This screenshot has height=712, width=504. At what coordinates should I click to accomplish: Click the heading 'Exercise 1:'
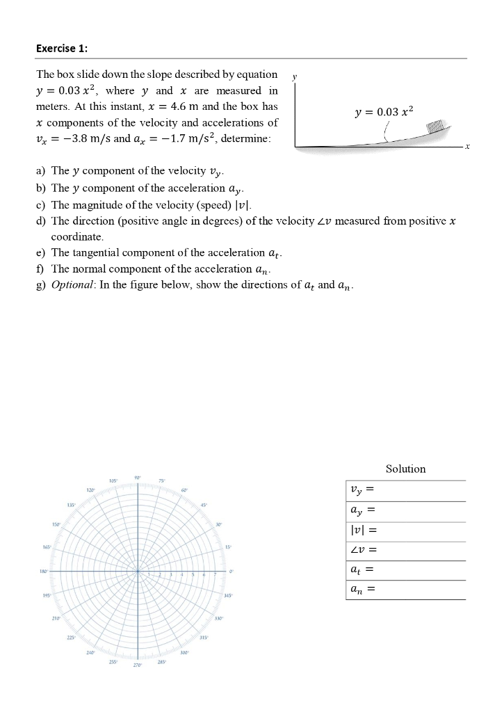62,48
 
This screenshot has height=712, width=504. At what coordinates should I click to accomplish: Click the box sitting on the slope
434,126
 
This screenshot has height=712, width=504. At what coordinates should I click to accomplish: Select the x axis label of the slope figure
468,147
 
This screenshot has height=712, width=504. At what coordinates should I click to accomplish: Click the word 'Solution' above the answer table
405,469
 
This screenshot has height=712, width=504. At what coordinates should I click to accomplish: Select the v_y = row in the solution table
405,491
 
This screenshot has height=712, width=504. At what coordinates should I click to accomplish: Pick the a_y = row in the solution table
405,511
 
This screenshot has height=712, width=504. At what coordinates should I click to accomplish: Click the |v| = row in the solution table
405,531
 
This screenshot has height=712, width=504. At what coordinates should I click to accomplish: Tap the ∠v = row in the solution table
405,551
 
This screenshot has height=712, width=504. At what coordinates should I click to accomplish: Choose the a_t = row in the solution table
405,570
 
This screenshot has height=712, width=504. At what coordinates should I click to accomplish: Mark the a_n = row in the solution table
405,590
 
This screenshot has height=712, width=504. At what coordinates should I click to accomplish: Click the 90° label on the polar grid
138,476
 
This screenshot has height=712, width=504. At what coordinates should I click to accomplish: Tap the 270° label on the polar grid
138,665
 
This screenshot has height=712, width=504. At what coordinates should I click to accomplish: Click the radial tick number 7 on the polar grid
216,574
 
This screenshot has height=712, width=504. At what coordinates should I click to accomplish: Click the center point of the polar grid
138,571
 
